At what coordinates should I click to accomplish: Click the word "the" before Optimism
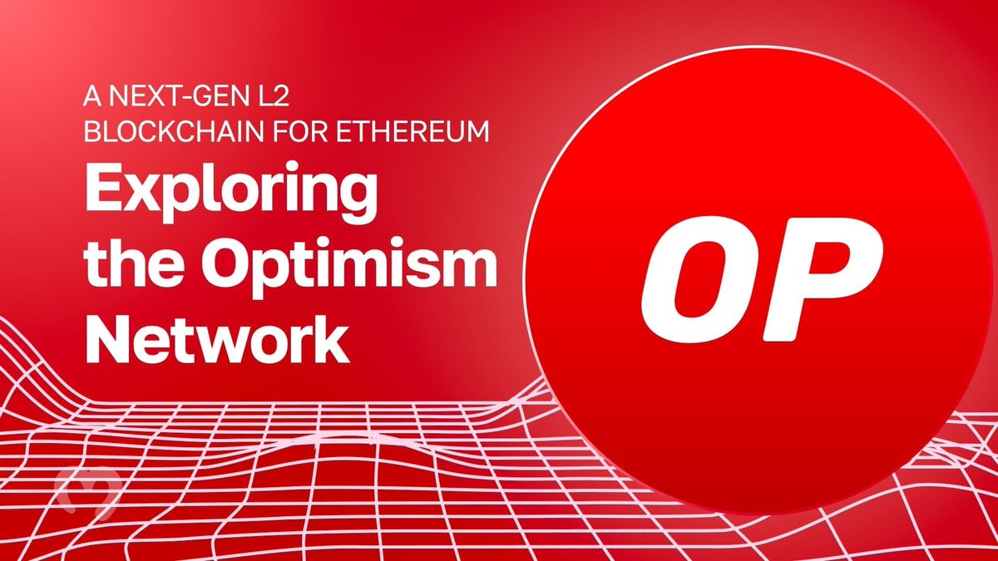pos(127,266)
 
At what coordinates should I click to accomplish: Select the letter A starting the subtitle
pos(91,97)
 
